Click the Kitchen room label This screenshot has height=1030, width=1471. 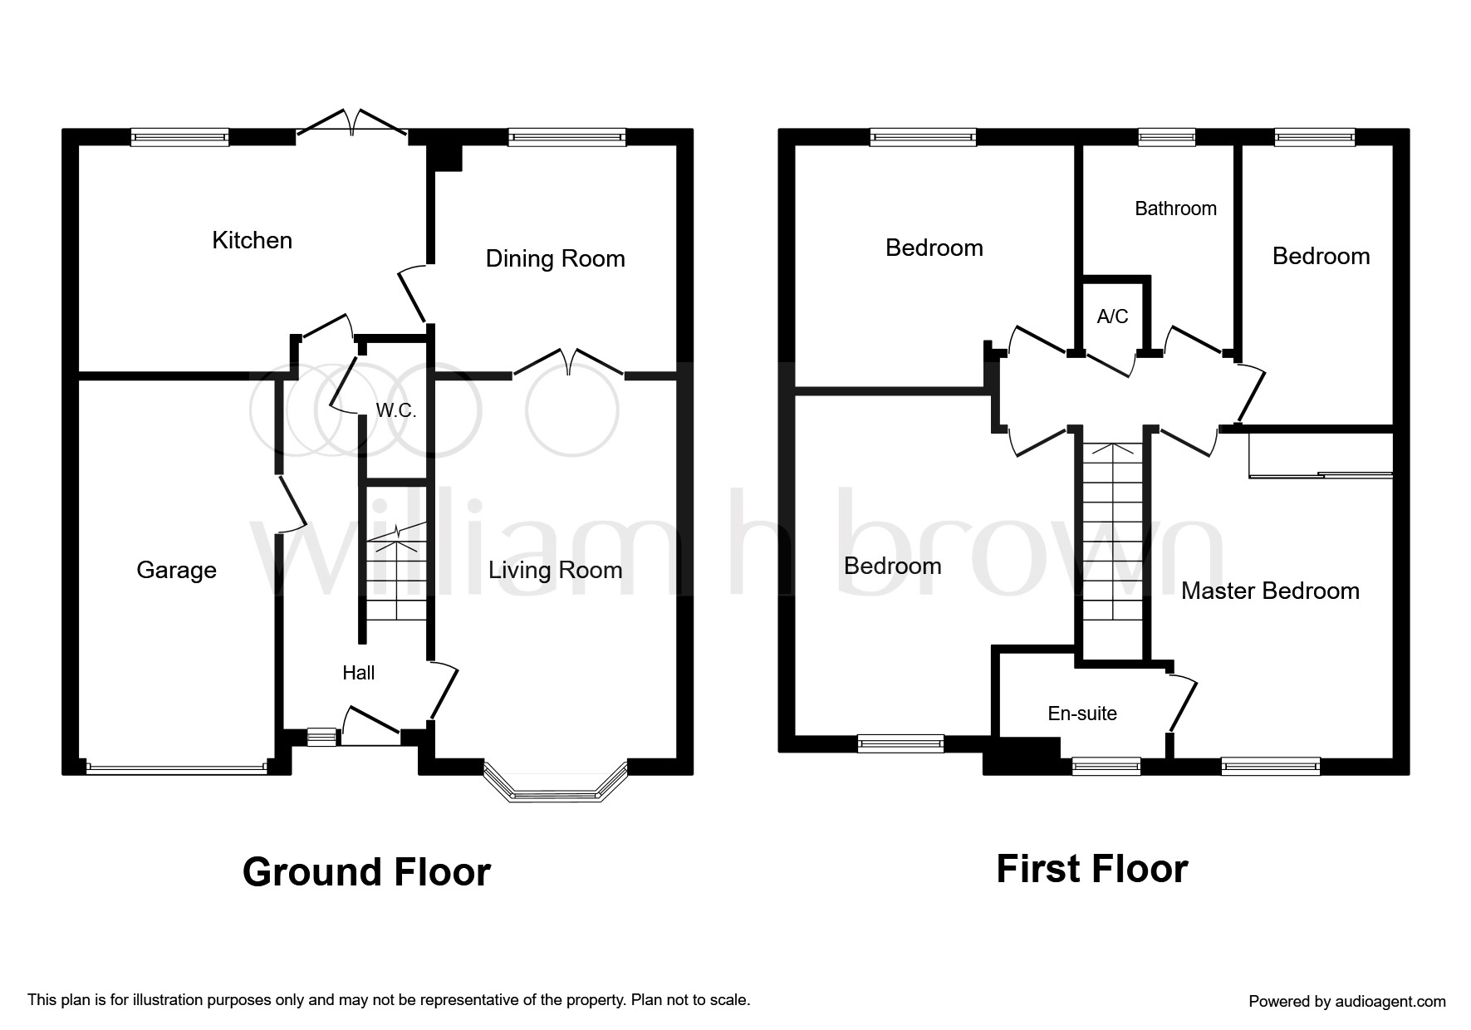point(253,241)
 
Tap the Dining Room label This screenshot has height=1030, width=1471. point(556,259)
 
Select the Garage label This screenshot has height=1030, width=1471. point(176,571)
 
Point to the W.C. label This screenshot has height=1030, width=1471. point(396,410)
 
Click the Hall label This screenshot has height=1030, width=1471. point(359,673)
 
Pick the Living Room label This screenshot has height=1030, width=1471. point(556,571)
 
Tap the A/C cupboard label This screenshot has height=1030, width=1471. point(1113,316)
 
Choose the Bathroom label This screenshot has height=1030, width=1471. point(1175,208)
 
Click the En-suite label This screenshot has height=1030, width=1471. point(1082,714)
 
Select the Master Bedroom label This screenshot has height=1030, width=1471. point(1270,591)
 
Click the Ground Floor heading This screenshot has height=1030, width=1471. point(366,872)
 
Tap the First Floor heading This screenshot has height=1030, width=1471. point(1092,869)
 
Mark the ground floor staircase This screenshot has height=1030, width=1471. point(396,573)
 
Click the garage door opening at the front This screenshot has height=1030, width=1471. point(176,769)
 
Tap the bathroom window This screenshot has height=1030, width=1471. point(1167,137)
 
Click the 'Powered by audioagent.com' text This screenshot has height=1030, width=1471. point(1347,1002)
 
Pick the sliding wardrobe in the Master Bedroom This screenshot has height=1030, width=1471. point(1321,455)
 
